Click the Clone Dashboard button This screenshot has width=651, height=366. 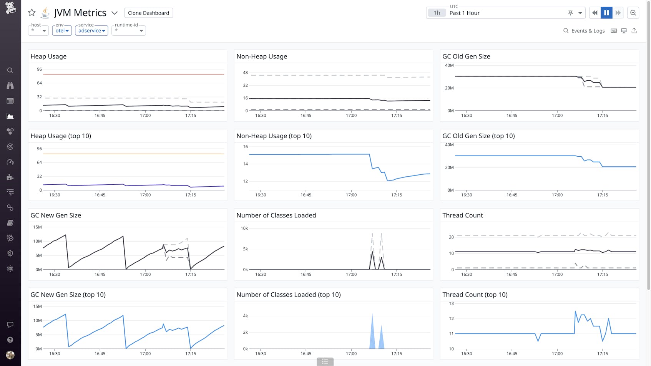[148, 13]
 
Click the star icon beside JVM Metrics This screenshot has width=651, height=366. [32, 13]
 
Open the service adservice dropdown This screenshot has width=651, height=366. [91, 30]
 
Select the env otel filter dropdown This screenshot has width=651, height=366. [62, 30]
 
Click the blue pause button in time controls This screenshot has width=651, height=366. [606, 13]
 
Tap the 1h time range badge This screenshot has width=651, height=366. [437, 13]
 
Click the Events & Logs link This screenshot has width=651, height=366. [584, 31]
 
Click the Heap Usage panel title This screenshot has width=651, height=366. [48, 56]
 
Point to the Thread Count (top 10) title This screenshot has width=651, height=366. [475, 295]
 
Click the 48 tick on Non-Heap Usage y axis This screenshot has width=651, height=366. [245, 73]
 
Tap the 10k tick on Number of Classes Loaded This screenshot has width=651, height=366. [244, 228]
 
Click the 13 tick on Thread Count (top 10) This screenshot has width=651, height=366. [451, 303]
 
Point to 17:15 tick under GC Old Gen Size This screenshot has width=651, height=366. [602, 115]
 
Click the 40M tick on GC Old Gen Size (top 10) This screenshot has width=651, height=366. [449, 145]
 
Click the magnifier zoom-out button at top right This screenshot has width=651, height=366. [633, 13]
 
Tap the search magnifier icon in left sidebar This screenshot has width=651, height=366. [10, 70]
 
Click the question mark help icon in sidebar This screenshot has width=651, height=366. [10, 340]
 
